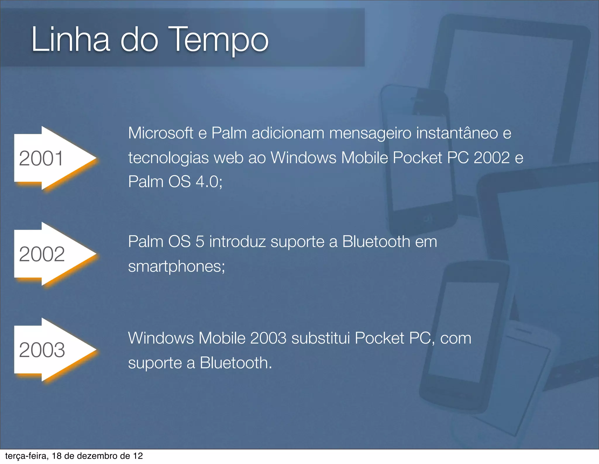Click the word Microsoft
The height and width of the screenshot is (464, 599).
point(161,133)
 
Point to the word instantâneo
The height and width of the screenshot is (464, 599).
point(457,133)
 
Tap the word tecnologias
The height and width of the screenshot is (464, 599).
point(168,158)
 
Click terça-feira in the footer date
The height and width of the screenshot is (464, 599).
point(27,456)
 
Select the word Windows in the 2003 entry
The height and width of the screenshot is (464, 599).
point(161,338)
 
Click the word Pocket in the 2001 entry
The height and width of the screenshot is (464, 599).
point(417,158)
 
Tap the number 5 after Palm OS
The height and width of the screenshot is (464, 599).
point(200,242)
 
